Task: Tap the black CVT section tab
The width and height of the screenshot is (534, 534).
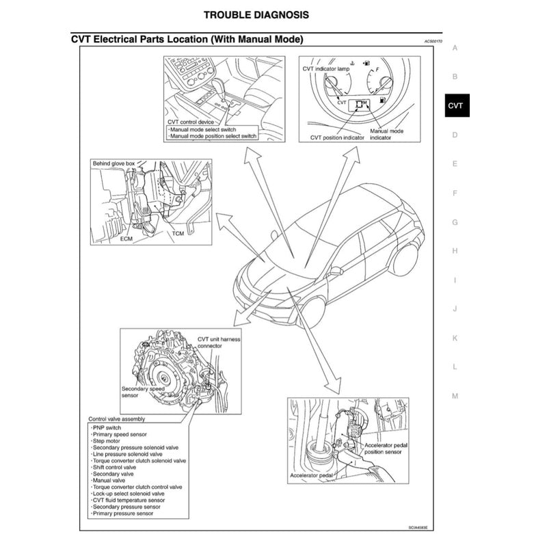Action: point(455,106)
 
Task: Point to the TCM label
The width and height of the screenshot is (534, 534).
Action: point(178,233)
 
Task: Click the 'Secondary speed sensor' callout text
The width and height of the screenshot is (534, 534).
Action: point(143,392)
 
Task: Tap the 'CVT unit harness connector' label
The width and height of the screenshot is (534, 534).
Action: point(219,343)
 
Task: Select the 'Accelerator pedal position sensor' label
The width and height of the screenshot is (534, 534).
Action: point(387,449)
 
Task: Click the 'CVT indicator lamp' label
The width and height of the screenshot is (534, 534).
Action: point(326,70)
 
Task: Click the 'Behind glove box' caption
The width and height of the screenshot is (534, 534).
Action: point(114,164)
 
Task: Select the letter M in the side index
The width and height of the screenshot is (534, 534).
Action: point(455,396)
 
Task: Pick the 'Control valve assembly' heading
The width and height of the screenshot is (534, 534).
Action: point(116,418)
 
